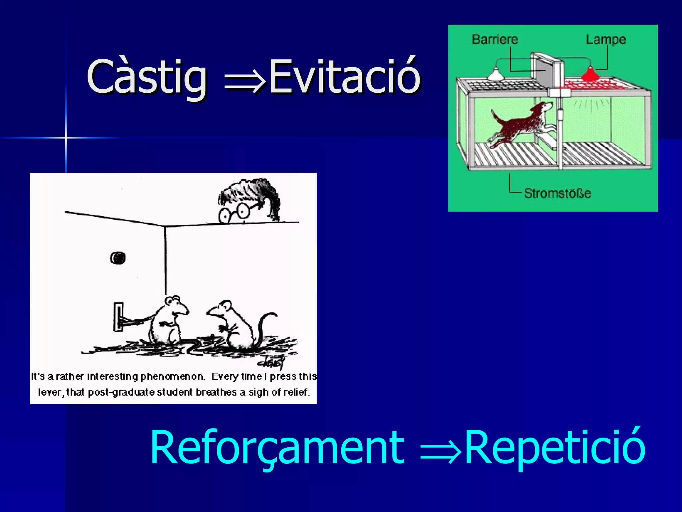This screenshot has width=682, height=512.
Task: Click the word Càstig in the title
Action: coord(147,77)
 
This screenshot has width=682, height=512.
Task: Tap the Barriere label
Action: coord(495,39)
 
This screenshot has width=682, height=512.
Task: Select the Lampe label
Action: coord(606,40)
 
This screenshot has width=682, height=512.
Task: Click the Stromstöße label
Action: coord(557,193)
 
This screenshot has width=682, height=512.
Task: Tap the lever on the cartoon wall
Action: coord(119,317)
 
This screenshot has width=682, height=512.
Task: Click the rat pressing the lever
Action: coord(168,320)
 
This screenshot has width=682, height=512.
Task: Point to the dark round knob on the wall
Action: coord(118,258)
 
